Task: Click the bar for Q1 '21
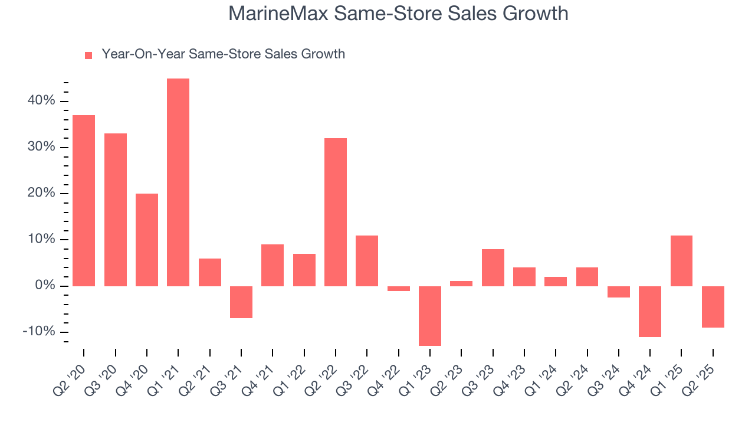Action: point(178,182)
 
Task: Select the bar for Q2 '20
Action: point(84,201)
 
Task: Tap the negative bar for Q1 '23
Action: point(430,316)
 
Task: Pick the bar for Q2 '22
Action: point(336,212)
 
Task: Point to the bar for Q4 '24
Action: point(650,312)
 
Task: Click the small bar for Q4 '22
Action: point(399,289)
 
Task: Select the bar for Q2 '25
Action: point(713,307)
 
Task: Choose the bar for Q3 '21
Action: point(241,302)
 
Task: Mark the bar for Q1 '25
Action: point(681,261)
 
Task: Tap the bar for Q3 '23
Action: point(493,267)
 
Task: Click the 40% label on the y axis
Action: point(41,101)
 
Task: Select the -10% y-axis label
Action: point(38,332)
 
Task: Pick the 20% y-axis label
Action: point(41,194)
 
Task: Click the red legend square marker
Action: point(88,55)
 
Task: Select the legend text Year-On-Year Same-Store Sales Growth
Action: point(223,54)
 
